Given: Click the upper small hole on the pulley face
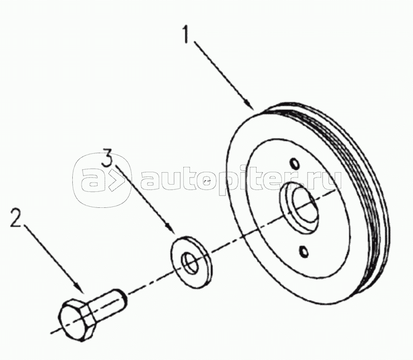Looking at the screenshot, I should coord(293,164).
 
